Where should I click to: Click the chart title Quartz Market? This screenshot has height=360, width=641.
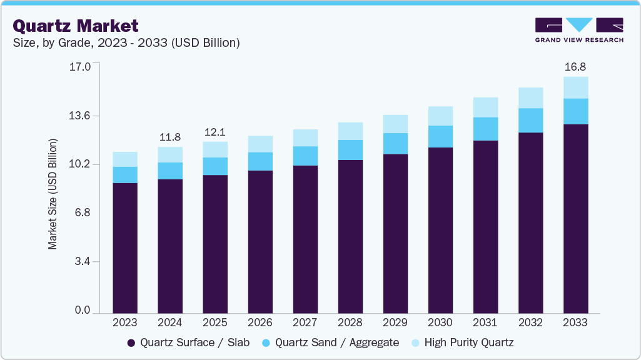click(76, 26)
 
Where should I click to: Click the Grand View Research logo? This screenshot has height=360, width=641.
click(579, 29)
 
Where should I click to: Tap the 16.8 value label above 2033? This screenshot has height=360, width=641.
click(575, 67)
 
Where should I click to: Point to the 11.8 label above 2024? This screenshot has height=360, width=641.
click(170, 137)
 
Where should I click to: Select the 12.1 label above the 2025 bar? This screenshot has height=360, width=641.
click(215, 132)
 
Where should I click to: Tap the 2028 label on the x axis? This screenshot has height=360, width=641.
click(350, 322)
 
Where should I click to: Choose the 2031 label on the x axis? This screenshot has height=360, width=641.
click(485, 322)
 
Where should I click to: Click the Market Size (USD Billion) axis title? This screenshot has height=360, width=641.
click(53, 194)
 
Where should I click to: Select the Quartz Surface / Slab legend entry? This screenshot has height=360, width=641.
click(188, 342)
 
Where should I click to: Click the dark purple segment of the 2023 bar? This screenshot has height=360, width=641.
click(125, 247)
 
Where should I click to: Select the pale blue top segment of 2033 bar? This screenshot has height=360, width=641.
click(575, 87)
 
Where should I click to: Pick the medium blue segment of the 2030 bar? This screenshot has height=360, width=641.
click(440, 136)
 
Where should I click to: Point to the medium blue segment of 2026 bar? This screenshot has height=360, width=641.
click(260, 161)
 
